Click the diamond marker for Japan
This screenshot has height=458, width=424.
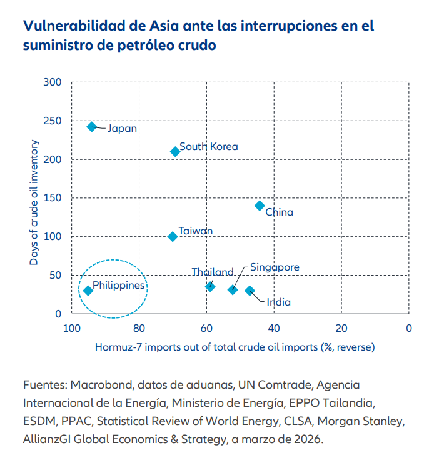click(92, 127)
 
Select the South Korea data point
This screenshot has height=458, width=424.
click(175, 152)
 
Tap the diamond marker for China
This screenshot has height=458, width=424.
click(260, 206)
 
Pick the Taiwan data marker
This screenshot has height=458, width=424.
click(173, 237)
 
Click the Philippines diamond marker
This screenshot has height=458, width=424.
click(88, 291)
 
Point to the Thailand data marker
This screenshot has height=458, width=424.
click(210, 286)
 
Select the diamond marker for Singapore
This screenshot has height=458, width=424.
click(233, 289)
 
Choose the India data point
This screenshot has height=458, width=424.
click(250, 291)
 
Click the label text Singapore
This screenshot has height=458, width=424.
click(275, 267)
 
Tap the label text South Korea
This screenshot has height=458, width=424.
click(208, 147)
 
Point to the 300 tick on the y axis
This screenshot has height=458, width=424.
click(53, 82)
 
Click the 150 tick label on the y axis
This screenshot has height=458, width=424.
click(53, 198)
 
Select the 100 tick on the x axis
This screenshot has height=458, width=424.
click(71, 327)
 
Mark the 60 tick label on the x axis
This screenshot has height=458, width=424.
click(206, 327)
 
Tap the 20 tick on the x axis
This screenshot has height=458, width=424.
click(341, 327)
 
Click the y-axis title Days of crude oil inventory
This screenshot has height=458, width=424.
click(34, 203)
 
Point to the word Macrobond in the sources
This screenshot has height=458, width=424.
click(101, 384)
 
